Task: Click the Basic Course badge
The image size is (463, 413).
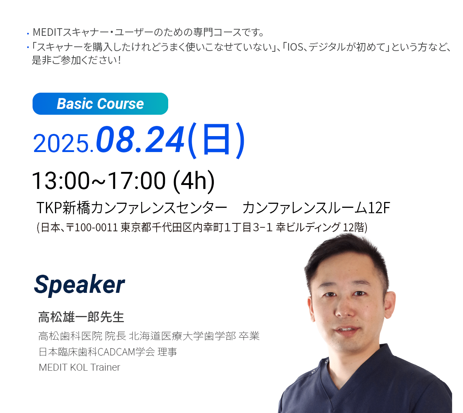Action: [x=100, y=104]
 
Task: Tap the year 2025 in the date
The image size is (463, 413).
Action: [x=61, y=143]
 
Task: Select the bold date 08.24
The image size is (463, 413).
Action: [x=140, y=139]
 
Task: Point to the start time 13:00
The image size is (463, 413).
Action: [x=61, y=180]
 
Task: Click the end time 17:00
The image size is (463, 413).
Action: [x=136, y=180]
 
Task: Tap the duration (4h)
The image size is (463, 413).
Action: [x=194, y=181]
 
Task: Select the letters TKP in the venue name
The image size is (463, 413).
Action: [x=49, y=208]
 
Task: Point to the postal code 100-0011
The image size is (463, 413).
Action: [x=96, y=228]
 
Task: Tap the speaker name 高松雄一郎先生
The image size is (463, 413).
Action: [x=81, y=317]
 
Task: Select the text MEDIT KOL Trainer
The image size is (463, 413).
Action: [x=79, y=367]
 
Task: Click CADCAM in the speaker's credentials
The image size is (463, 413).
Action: [x=116, y=352]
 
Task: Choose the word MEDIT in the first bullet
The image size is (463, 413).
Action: [x=47, y=32]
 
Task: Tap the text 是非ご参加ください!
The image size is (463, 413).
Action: [x=76, y=60]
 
